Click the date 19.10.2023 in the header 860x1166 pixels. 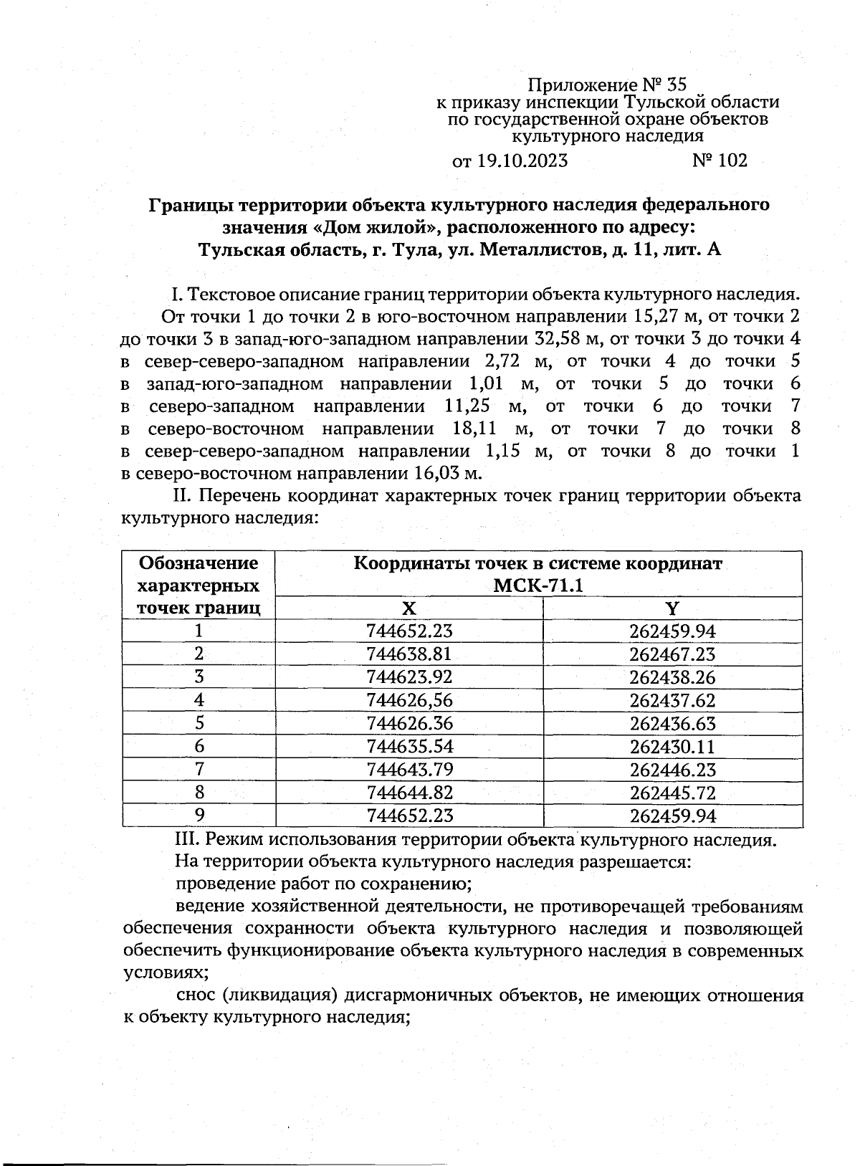pyautogui.click(x=521, y=161)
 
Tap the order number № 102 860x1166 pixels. pyautogui.click(x=720, y=161)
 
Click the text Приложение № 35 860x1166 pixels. pyautogui.click(x=607, y=85)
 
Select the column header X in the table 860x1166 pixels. pyautogui.click(x=408, y=608)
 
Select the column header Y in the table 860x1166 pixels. pyautogui.click(x=672, y=608)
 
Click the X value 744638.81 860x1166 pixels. pyautogui.click(x=409, y=654)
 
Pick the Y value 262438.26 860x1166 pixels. pyautogui.click(x=672, y=677)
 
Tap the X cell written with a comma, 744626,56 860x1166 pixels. pyautogui.click(x=409, y=700)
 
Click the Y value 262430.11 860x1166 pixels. pyautogui.click(x=672, y=747)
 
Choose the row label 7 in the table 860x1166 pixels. pyautogui.click(x=199, y=770)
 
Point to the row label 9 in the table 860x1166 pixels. pyautogui.click(x=199, y=816)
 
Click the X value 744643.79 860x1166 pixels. pyautogui.click(x=409, y=770)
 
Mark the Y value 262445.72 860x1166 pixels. pyautogui.click(x=672, y=793)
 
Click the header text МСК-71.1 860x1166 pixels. pyautogui.click(x=538, y=586)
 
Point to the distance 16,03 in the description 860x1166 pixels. pyautogui.click(x=438, y=474)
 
